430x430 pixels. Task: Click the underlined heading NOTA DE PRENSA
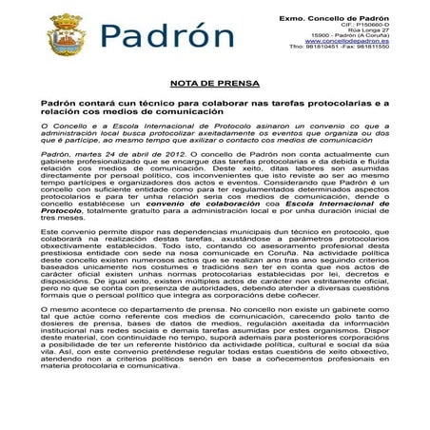[214, 83]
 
